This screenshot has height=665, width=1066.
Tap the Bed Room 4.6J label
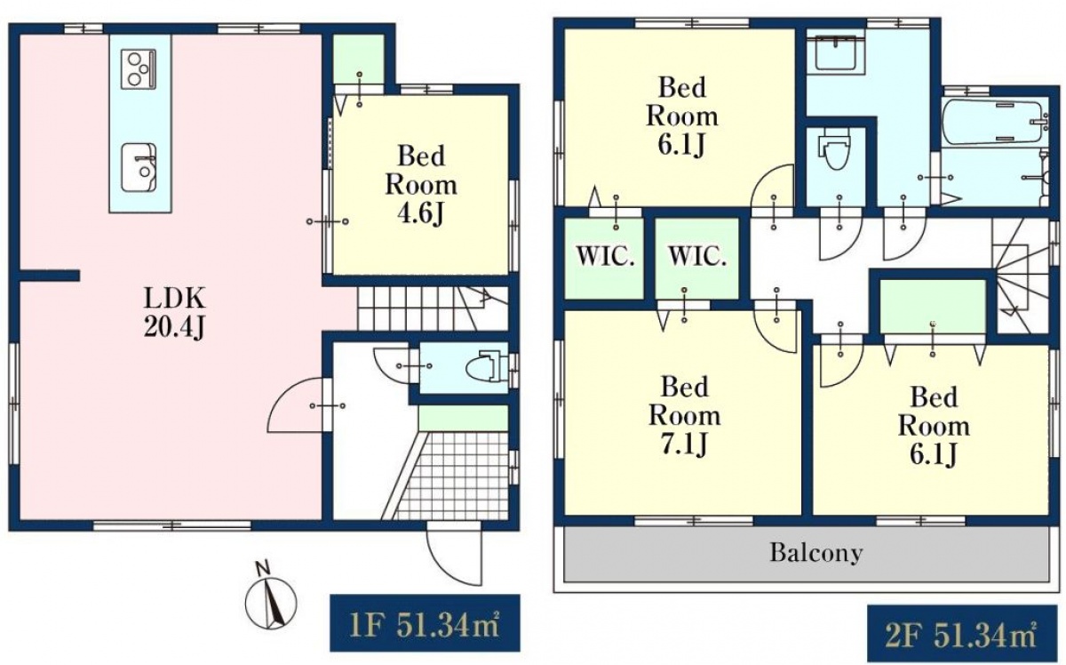[x=421, y=184]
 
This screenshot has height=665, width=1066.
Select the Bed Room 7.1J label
[x=685, y=416]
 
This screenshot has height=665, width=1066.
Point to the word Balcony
[x=816, y=553]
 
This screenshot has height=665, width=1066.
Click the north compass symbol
[x=270, y=600]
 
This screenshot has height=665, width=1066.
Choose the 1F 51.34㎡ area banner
[x=425, y=622]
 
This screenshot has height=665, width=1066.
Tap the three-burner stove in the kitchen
[x=138, y=69]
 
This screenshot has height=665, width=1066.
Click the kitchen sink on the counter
[x=139, y=168]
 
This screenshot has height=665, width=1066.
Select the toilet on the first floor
[x=485, y=366]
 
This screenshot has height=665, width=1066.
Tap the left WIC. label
[x=605, y=257]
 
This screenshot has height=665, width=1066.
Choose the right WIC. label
[x=697, y=257]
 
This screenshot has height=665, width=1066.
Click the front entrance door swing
[x=455, y=554]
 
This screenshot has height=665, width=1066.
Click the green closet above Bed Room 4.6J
[x=358, y=59]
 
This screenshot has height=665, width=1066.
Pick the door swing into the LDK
[x=296, y=405]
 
